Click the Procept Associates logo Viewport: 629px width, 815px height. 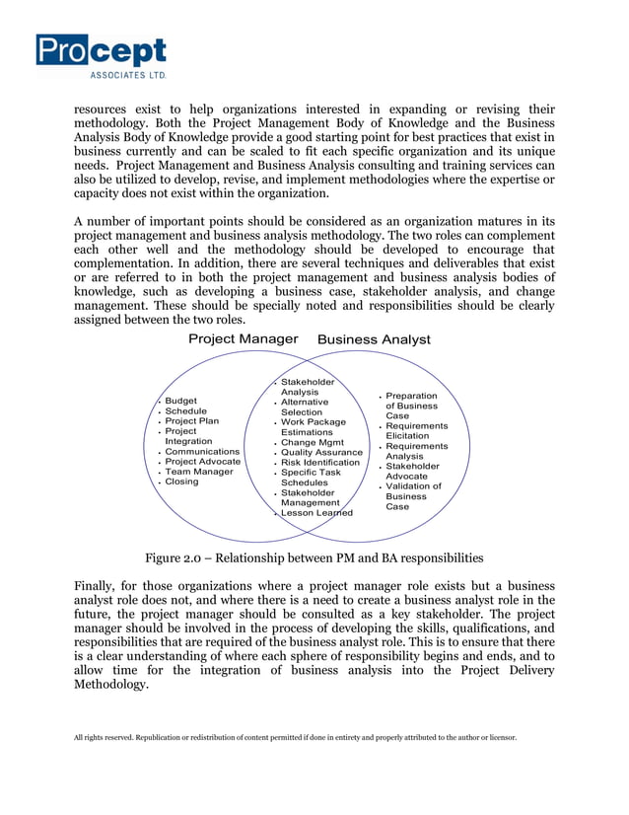[x=102, y=55]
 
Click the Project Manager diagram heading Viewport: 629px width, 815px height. [x=243, y=338]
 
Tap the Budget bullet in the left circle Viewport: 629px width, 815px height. [x=180, y=402]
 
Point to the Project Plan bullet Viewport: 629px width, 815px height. [x=191, y=421]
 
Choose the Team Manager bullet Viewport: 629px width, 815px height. [x=198, y=472]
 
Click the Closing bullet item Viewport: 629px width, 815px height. [x=181, y=482]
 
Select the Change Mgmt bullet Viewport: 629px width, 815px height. [x=312, y=442]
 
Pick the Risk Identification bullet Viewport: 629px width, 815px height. [x=319, y=462]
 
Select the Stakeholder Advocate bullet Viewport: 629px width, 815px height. [x=412, y=472]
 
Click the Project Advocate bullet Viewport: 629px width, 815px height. [x=202, y=462]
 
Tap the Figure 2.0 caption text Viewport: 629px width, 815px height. [x=314, y=557]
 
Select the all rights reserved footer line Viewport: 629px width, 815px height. [x=295, y=736]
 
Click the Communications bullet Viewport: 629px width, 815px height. [x=201, y=452]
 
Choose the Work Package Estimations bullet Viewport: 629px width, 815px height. [x=313, y=427]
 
